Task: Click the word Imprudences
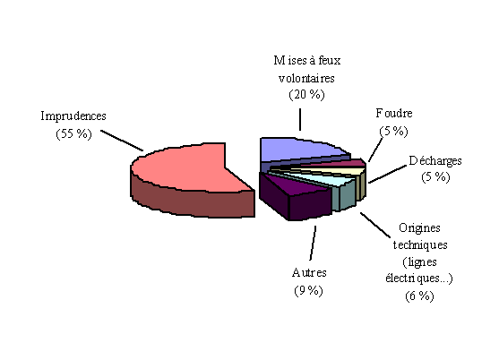pyautogui.click(x=73, y=116)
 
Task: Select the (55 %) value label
pyautogui.click(x=73, y=134)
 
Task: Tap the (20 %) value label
pyautogui.click(x=306, y=94)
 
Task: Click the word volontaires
pyautogui.click(x=306, y=78)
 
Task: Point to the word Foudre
pyautogui.click(x=394, y=113)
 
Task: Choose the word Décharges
pyautogui.click(x=435, y=161)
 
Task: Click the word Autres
pyautogui.click(x=309, y=273)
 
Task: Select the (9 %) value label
pyautogui.click(x=308, y=290)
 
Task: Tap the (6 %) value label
pyautogui.click(x=419, y=296)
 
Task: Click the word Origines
pyautogui.click(x=419, y=228)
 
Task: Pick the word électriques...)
pyautogui.click(x=418, y=279)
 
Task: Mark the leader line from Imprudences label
pyautogui.click(x=122, y=141)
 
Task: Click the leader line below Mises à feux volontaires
pyautogui.click(x=300, y=120)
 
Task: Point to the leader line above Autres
pyautogui.click(x=313, y=243)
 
